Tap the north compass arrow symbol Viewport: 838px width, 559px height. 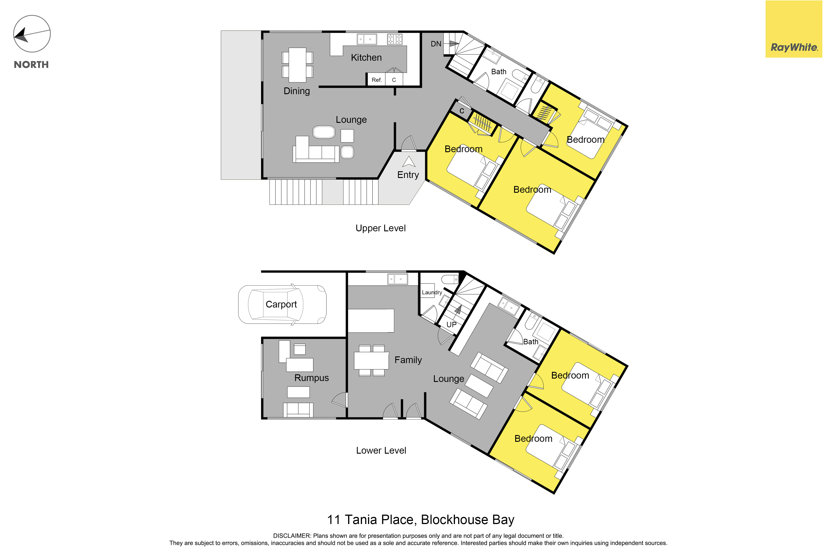tap(32, 34)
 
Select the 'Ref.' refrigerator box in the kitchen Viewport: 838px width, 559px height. tap(376, 80)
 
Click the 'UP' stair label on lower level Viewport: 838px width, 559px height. tap(451, 324)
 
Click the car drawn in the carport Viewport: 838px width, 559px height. tap(282, 304)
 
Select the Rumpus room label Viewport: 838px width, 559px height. tap(311, 378)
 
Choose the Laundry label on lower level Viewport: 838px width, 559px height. tap(432, 292)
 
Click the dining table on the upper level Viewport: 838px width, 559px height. tap(297, 65)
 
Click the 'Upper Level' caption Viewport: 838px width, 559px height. tap(381, 228)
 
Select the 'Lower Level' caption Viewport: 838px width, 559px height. tap(381, 451)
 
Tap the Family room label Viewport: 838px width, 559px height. tap(408, 360)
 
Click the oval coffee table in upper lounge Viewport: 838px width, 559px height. tap(324, 132)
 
